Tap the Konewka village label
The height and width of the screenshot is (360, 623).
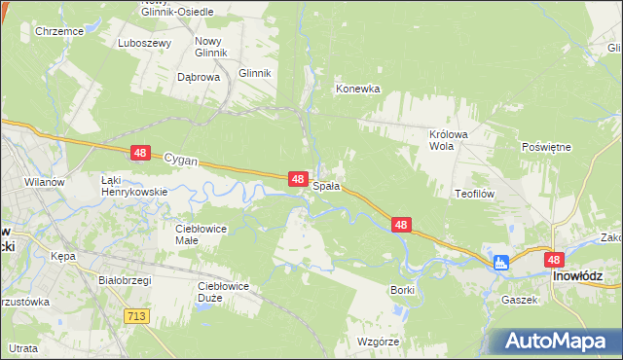point(357,89)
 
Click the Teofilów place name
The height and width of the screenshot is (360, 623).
point(475,194)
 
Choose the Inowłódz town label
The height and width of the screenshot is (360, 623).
point(581,276)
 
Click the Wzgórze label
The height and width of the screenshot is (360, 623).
point(381,342)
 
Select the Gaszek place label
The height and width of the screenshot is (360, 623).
point(520,300)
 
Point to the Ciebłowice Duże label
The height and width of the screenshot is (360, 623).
point(223,291)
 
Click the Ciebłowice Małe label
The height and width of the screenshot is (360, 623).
point(201,234)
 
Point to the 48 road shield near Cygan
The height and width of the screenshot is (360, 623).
point(141,153)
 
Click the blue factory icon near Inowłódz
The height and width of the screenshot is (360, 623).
point(502,262)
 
